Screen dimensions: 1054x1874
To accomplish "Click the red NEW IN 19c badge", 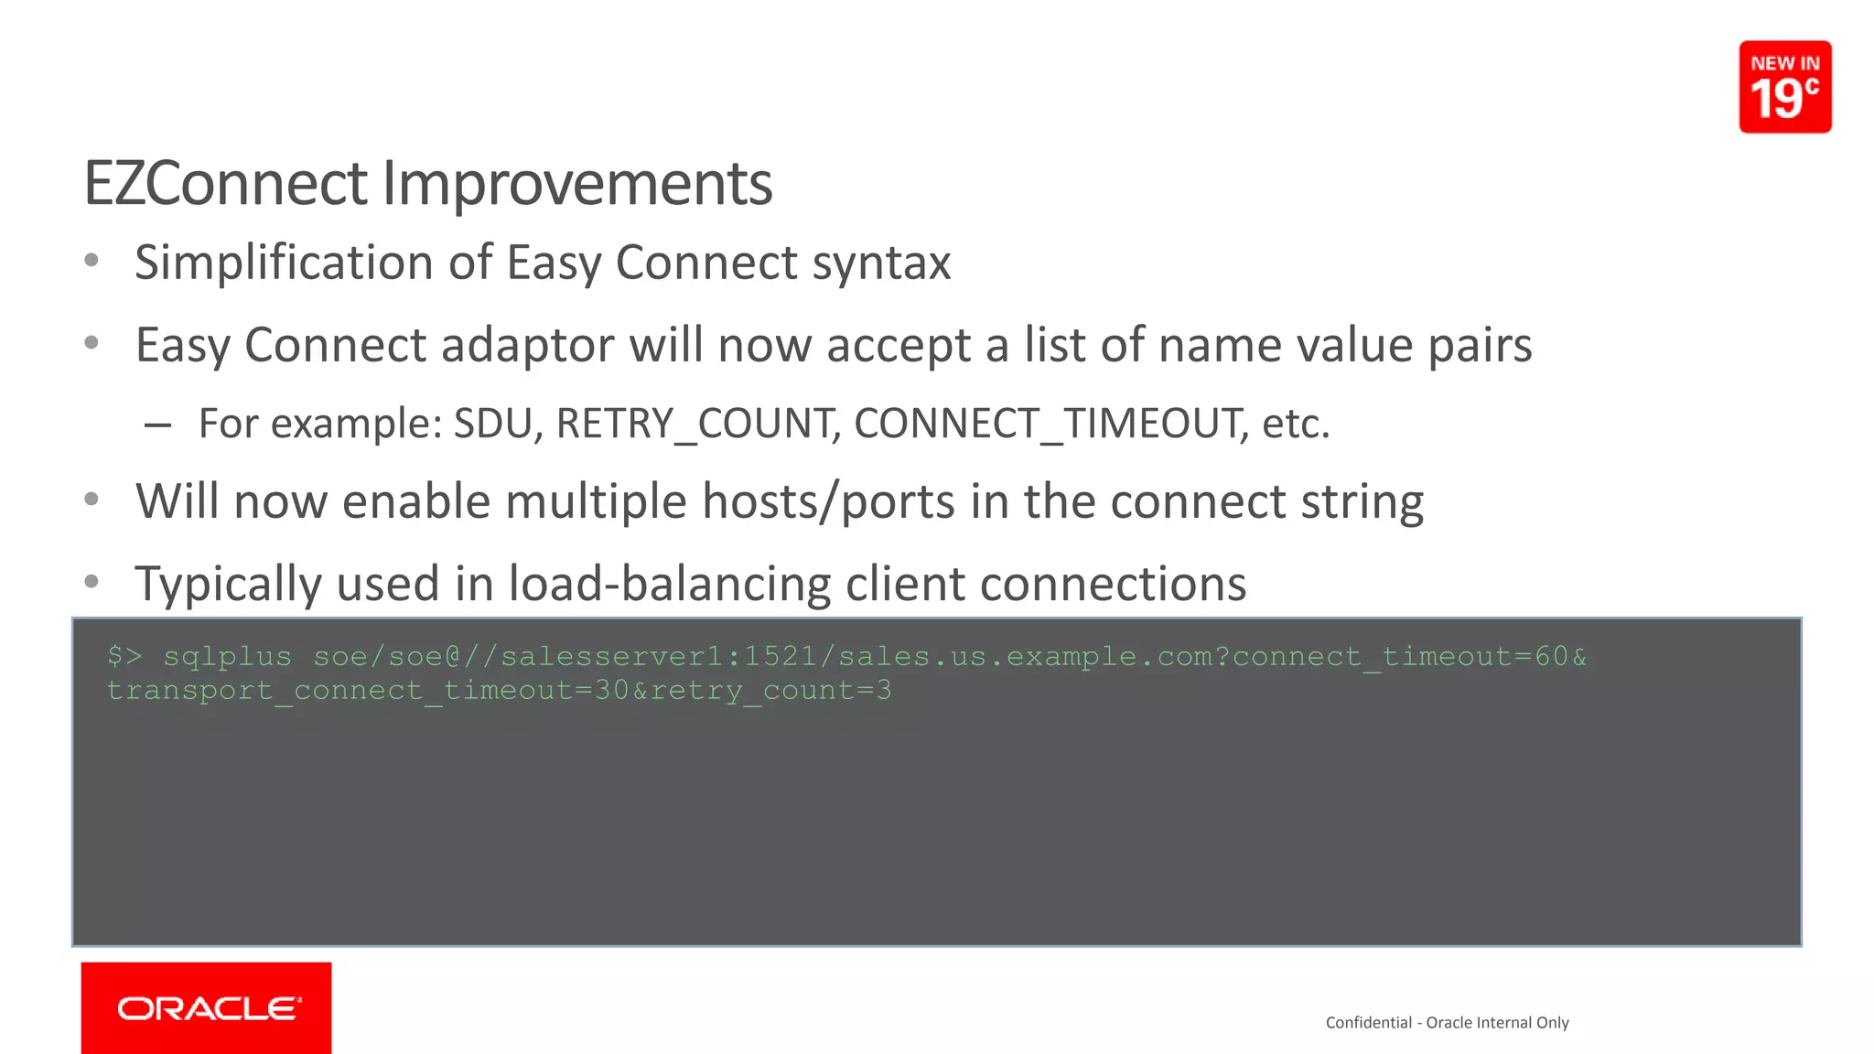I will click(x=1784, y=87).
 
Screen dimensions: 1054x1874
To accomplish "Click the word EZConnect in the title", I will click(x=225, y=184).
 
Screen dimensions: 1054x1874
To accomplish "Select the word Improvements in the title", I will click(x=576, y=184).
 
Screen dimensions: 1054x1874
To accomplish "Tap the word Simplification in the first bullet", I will click(x=284, y=263).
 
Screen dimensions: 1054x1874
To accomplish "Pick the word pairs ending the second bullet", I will click(x=1480, y=346).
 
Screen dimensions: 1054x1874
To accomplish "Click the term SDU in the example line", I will click(x=494, y=424).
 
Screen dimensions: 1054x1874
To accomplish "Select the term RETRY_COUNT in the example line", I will click(x=697, y=424).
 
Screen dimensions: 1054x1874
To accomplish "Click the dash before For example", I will click(x=157, y=425).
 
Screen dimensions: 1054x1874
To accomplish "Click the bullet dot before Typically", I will click(x=92, y=582).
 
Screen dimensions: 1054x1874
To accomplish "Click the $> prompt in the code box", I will click(x=124, y=656).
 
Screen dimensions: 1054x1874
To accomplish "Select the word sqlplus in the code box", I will click(x=227, y=657).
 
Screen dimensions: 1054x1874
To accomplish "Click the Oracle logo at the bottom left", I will click(x=207, y=1008).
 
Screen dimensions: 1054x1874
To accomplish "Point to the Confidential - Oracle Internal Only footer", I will click(x=1447, y=1023).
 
